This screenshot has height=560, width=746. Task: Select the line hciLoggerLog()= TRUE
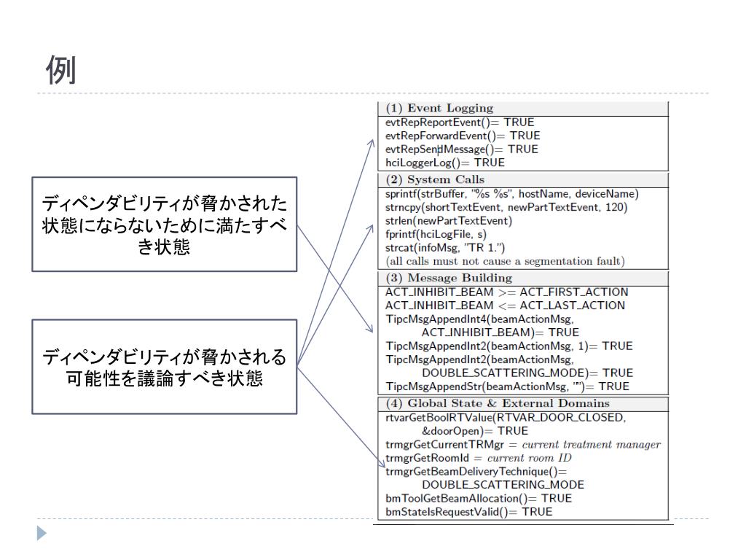tap(445, 162)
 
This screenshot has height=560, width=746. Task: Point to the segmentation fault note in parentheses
tap(505, 260)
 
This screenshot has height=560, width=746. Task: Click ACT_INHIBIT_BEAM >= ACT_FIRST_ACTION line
tap(506, 292)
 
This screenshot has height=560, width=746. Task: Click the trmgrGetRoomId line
tap(479, 458)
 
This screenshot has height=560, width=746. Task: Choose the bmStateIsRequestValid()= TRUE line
tap(469, 512)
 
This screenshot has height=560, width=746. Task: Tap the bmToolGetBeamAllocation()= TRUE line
tap(479, 498)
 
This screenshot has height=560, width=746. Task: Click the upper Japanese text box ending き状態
tap(164, 225)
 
